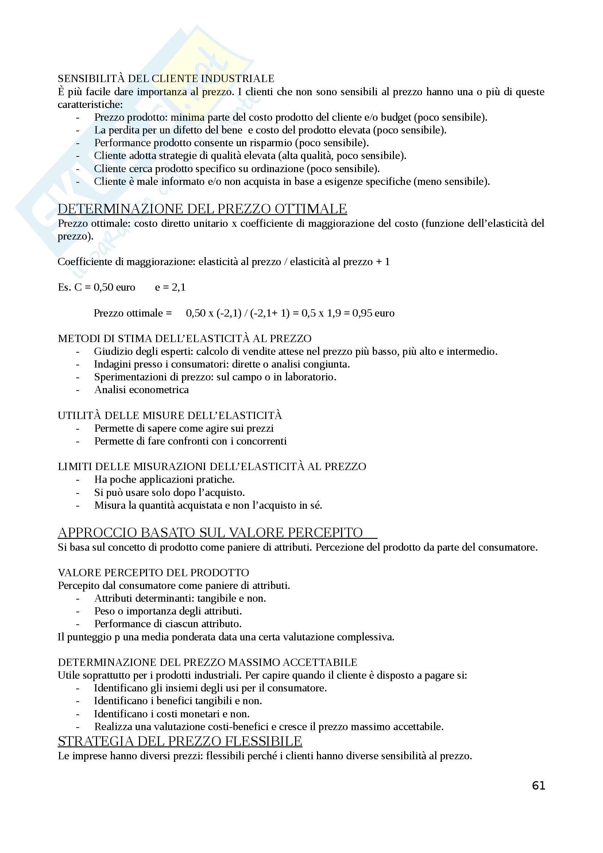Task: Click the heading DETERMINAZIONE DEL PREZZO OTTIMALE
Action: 202,209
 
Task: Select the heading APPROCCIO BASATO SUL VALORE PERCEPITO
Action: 210,532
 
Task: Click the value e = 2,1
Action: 170,287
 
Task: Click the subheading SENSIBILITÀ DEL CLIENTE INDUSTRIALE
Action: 166,79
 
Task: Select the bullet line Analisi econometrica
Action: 142,390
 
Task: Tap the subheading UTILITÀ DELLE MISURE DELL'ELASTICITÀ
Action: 170,415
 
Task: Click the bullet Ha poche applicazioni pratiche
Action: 164,479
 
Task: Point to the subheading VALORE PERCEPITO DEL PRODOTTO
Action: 154,573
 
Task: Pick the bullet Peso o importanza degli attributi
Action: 168,611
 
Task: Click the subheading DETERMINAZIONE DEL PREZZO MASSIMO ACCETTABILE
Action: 207,662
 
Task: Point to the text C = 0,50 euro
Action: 105,287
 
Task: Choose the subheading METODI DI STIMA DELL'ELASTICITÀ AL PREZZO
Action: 185,338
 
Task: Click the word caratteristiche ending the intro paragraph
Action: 90,104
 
